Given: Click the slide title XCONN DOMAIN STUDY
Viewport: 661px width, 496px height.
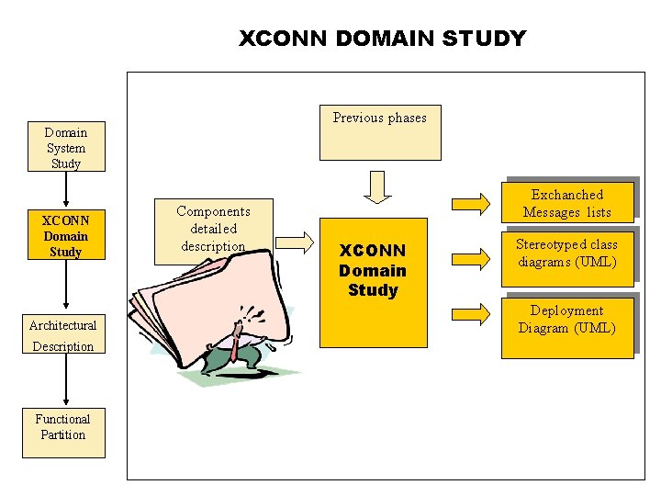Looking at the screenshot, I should [x=382, y=39].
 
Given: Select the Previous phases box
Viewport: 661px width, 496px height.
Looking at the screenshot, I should [x=379, y=132].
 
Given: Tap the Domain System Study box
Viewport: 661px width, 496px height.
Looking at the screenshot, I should [x=64, y=147].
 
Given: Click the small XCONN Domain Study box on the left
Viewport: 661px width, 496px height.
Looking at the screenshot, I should [x=64, y=236].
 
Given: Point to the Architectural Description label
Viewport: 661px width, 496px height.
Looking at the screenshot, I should [x=62, y=335].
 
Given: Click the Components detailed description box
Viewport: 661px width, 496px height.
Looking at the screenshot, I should [x=213, y=228].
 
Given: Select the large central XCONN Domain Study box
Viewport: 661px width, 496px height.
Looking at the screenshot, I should [x=373, y=281].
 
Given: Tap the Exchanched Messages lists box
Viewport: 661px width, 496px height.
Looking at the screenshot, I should [x=566, y=204].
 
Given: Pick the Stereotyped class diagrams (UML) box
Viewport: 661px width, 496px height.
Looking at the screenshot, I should [x=566, y=254].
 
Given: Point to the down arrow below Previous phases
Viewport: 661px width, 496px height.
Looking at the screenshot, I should [x=376, y=185].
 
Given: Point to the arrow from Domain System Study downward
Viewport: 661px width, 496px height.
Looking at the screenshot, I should [x=65, y=189].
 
